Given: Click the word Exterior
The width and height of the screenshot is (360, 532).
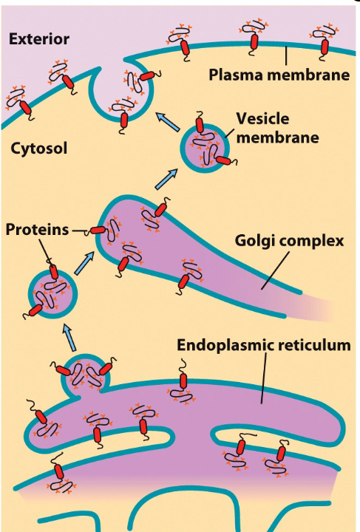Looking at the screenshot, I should click(38, 38).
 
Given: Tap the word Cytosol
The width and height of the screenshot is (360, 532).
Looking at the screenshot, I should click(39, 149).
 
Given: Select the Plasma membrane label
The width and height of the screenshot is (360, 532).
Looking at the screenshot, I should click(278, 75).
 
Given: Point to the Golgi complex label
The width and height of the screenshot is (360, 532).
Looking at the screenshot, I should click(279, 242).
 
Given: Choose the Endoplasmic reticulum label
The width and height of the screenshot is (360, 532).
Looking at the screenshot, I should click(263, 345).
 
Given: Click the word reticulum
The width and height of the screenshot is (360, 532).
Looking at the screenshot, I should click(311, 345).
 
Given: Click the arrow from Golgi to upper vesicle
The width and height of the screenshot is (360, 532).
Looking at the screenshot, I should click(169, 178).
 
